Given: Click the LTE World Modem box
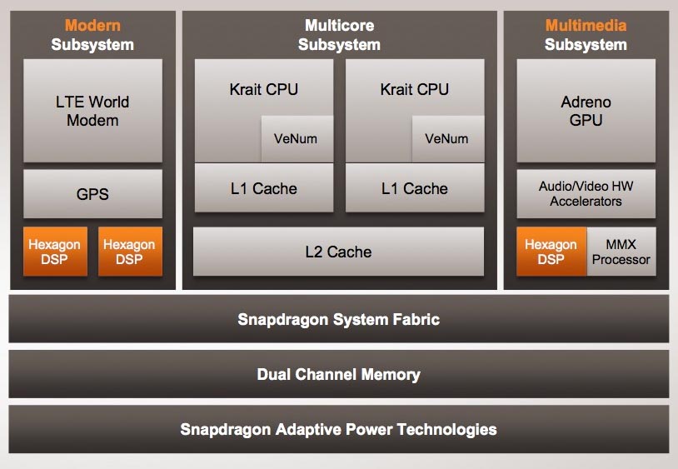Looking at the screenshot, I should (92, 111).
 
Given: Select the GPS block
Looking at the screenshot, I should (92, 195).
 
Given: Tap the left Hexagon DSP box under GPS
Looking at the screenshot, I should (55, 252).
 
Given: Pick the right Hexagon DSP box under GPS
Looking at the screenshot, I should (129, 252).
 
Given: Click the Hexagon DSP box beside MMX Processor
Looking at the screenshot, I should (551, 252).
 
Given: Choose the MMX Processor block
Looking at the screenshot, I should (621, 252).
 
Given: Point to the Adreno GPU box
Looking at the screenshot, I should (586, 111).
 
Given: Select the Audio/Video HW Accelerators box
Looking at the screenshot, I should (586, 194).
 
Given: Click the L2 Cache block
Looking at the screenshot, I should (338, 252).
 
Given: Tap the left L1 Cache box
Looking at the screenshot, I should (263, 189).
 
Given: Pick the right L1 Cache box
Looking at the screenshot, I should (414, 189).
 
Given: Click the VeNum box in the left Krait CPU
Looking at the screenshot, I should (297, 138).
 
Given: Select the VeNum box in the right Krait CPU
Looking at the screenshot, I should (447, 138).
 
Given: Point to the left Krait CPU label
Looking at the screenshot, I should (263, 89).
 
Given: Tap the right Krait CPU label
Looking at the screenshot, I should (414, 89).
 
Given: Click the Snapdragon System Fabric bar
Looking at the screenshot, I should (338, 319).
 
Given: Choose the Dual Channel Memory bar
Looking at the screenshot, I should (338, 374).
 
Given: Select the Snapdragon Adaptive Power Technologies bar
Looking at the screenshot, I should (338, 430).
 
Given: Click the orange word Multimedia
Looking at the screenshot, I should (586, 26).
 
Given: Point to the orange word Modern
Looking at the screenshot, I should (92, 26).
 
